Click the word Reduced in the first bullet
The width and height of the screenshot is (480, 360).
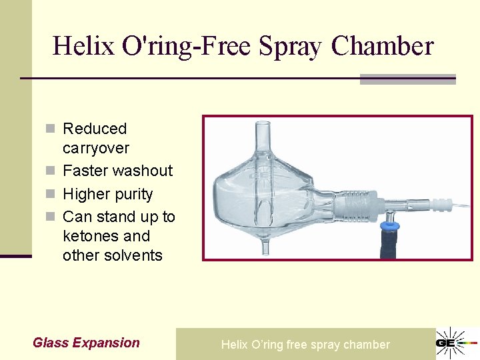pos(95,129)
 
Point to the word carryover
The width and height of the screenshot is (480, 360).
pos(96,148)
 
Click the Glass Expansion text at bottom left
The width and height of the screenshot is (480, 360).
pos(86,343)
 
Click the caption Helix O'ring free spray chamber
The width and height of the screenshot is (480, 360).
pos(305,345)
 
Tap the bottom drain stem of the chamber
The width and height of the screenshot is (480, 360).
pos(265,247)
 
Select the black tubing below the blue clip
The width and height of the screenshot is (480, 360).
pos(386,247)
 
